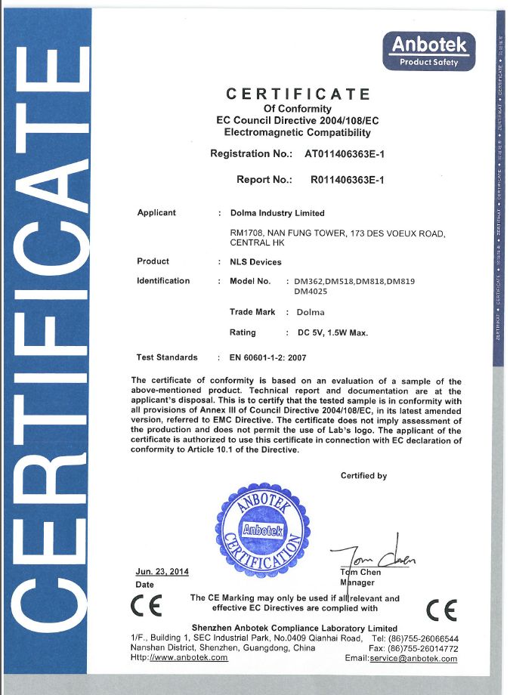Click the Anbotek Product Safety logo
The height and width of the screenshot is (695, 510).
point(429,50)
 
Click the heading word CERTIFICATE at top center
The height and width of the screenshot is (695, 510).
point(298,94)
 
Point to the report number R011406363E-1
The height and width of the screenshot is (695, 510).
point(348,180)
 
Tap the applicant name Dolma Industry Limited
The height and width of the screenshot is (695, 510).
point(277,213)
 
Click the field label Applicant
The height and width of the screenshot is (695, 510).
point(156,213)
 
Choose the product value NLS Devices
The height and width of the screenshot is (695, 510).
point(255,262)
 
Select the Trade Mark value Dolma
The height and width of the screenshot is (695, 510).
point(311,312)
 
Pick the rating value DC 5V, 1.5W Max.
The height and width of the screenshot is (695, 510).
point(332,332)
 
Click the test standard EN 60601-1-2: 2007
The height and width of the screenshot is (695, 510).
point(268,357)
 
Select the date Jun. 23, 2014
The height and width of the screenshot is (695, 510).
point(162,572)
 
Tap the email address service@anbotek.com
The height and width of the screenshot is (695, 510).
point(413,659)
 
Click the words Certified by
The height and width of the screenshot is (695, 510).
point(363,476)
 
